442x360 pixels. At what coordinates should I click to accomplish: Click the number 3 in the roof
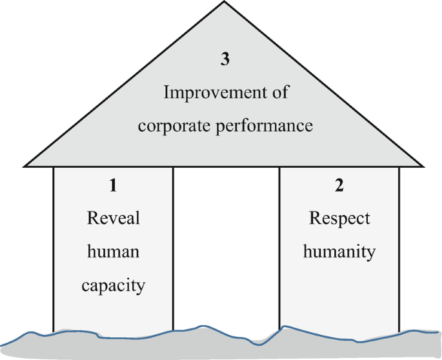pos(225,60)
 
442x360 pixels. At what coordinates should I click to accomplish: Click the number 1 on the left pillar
pos(113,186)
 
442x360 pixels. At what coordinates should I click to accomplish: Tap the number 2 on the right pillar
pos(339,186)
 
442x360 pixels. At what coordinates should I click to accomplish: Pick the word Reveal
pos(113,218)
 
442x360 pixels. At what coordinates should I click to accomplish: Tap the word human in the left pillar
pos(113,251)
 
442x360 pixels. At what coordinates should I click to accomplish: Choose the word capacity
pos(113,285)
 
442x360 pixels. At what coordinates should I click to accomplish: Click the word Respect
pos(339,219)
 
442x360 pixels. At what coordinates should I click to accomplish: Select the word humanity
pos(339,251)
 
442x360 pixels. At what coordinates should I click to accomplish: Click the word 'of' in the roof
pos(279,92)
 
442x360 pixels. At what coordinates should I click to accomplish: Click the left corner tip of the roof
pos(25,165)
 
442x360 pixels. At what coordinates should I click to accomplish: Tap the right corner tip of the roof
pos(425,165)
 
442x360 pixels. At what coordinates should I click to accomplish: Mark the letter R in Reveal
pos(92,218)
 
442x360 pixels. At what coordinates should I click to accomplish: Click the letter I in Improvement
pos(166,92)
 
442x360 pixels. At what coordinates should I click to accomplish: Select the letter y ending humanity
pos(370,253)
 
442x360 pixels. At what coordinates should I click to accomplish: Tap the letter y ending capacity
pos(140,286)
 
